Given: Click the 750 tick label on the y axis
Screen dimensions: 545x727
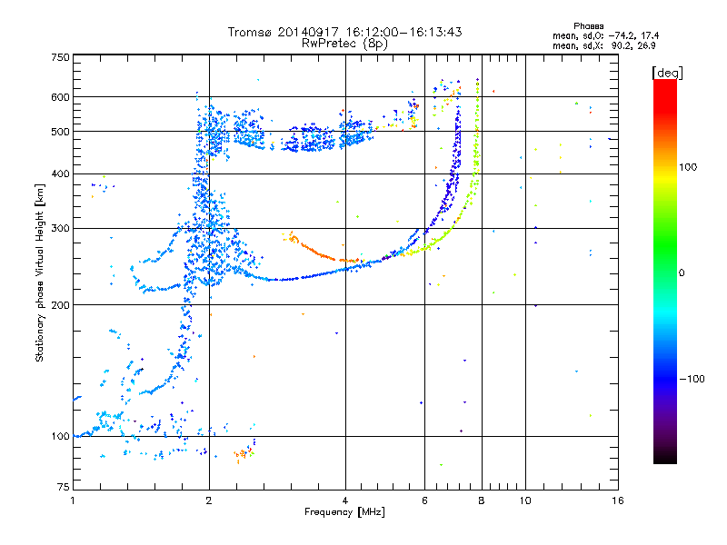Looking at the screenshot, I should [x=60, y=57].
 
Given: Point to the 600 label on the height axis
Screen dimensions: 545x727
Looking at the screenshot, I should [x=60, y=97].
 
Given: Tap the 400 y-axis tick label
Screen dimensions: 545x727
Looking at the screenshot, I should [x=60, y=173].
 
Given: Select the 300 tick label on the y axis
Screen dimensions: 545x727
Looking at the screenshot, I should [x=60, y=228].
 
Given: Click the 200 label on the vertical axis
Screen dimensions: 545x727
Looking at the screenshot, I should [x=60, y=305].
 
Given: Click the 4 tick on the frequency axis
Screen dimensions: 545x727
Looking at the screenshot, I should [x=345, y=500].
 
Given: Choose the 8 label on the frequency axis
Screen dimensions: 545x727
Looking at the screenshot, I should [x=481, y=500].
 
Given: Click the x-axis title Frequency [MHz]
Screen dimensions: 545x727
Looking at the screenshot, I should [x=344, y=512].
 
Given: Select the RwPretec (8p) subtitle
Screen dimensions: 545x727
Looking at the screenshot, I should [x=344, y=43].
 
